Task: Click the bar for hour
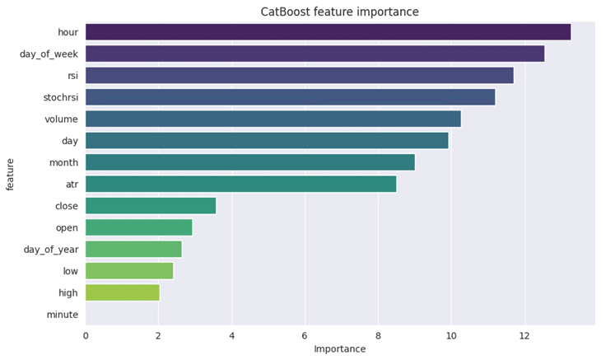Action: tap(328, 32)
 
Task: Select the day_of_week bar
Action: tap(315, 54)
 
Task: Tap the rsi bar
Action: tap(299, 76)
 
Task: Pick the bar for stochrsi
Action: tap(290, 97)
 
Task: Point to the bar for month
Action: tap(249, 162)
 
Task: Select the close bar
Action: tap(151, 206)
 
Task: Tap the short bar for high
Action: tap(122, 292)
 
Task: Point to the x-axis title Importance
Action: tap(339, 349)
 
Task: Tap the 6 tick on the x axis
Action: tap(305, 334)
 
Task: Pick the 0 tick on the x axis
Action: tap(86, 334)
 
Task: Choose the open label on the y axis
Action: tap(66, 227)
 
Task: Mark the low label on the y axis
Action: tap(70, 271)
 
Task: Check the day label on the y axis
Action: tap(69, 141)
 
